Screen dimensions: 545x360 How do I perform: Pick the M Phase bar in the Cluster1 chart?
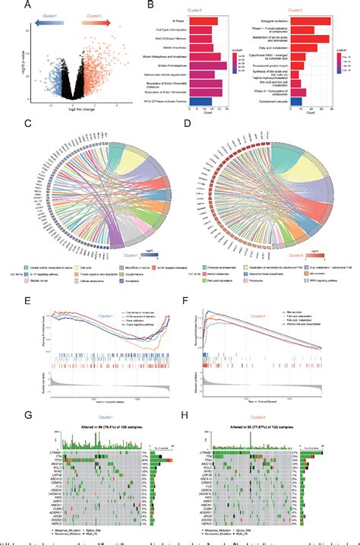click(x=205, y=21)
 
